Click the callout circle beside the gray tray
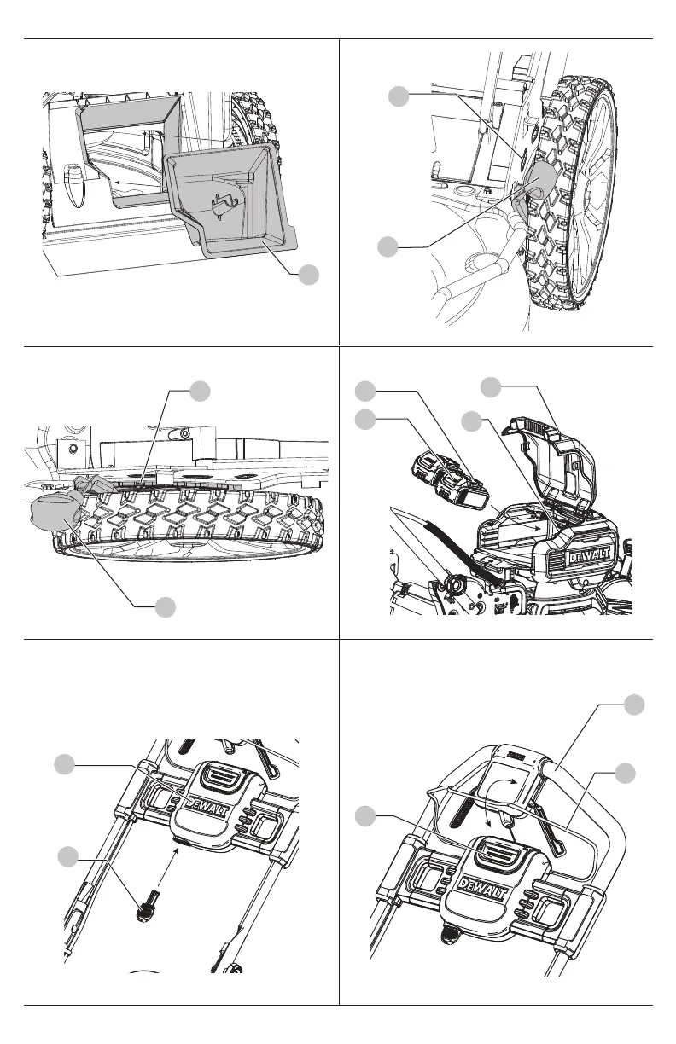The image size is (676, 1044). coord(309,275)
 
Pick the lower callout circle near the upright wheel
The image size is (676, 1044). coord(388,247)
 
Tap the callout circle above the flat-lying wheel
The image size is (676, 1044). coord(201,391)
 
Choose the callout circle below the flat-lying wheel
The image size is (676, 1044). coord(166,606)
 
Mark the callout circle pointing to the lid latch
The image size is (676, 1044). coord(491,388)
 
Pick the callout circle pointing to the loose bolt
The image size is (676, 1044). coord(68,856)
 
